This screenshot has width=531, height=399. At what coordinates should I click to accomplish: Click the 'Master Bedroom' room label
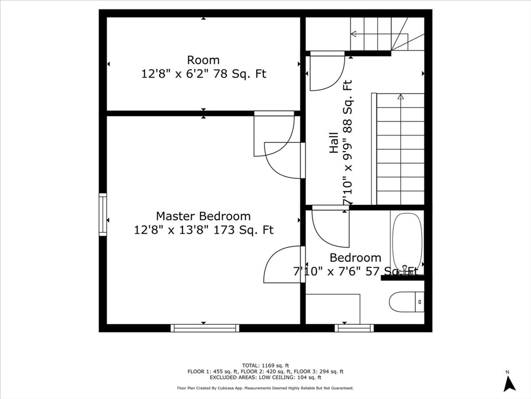(203, 216)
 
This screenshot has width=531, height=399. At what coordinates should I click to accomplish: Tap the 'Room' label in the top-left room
(203, 60)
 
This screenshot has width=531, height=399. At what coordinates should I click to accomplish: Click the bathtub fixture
(407, 243)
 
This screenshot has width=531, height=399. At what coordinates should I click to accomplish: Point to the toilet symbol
(407, 301)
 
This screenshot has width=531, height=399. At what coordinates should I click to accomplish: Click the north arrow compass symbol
(509, 383)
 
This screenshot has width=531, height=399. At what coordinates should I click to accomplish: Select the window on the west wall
(103, 214)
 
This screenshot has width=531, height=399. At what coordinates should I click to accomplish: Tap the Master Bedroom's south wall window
(205, 328)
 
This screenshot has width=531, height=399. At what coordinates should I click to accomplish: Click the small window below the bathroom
(354, 328)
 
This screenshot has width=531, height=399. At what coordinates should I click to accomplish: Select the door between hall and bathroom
(330, 226)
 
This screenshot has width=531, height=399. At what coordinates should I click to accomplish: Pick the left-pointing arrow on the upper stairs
(354, 34)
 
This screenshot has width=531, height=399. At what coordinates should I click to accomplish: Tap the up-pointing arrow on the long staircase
(400, 97)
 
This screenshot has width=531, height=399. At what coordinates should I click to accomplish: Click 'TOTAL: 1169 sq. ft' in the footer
(265, 365)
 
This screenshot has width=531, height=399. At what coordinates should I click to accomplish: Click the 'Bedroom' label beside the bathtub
(355, 258)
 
